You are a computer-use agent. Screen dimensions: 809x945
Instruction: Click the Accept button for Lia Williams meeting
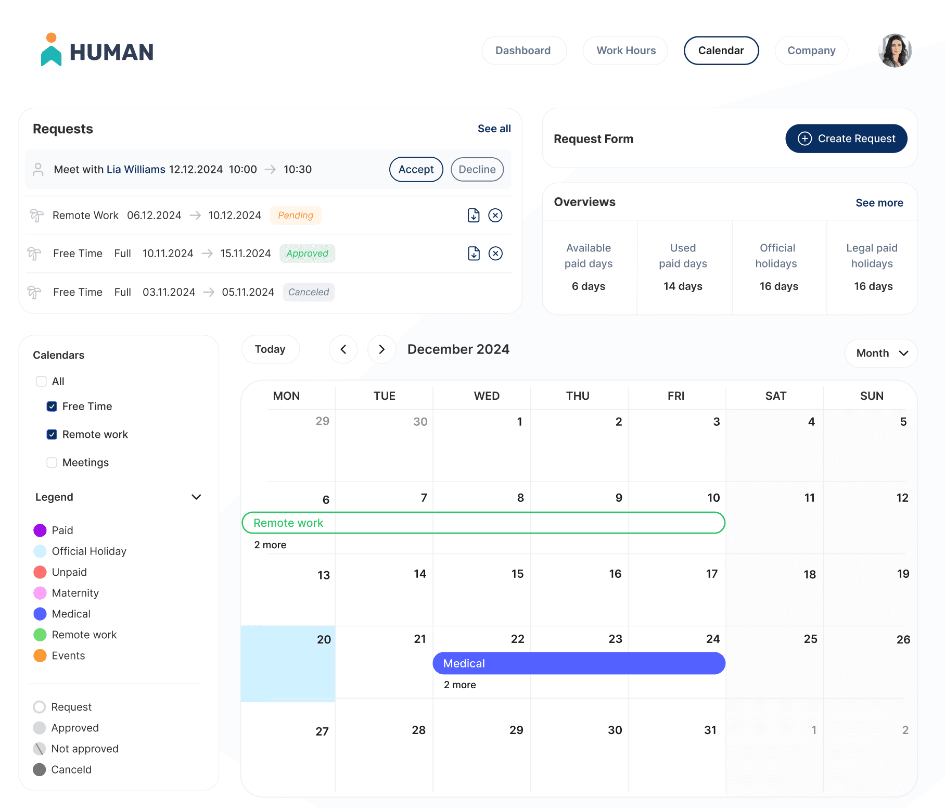[416, 170]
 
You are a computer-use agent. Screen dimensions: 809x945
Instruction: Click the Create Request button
[846, 138]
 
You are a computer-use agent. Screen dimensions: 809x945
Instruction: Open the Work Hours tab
[625, 50]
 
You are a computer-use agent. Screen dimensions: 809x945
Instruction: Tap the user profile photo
[895, 51]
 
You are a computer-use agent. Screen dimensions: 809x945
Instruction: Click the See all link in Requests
[494, 129]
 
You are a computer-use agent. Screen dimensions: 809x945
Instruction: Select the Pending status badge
[296, 216]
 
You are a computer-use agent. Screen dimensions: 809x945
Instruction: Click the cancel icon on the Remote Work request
[495, 216]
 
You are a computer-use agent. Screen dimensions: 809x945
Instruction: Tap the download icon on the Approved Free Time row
[474, 254]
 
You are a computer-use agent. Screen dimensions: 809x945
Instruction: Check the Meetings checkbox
[52, 462]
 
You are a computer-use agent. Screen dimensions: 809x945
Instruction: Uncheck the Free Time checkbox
[52, 406]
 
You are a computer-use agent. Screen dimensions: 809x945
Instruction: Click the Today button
[270, 349]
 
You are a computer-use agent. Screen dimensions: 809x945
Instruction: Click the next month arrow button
[381, 349]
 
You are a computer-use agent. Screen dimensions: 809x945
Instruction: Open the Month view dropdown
[880, 353]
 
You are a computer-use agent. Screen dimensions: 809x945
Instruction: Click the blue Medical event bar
[579, 663]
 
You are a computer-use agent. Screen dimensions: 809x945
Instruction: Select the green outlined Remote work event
[483, 523]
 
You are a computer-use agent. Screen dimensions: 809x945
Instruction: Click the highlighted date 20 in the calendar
[288, 663]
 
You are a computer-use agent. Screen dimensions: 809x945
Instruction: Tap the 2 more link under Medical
[459, 685]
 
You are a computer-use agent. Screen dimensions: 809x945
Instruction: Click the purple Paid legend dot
[40, 530]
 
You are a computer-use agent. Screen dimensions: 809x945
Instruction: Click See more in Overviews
[879, 203]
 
